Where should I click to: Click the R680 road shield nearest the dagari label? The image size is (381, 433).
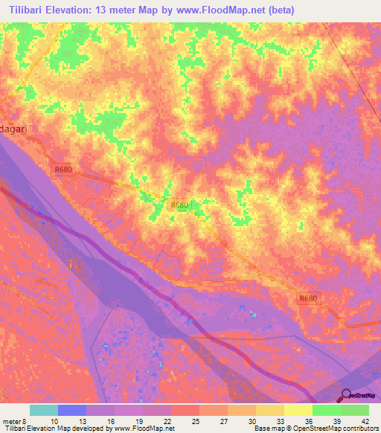coord(64,170)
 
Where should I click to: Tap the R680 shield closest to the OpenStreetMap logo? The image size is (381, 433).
coord(308,298)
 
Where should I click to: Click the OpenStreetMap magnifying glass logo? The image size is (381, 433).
coord(347,395)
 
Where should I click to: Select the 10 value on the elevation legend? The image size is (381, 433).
coord(54,421)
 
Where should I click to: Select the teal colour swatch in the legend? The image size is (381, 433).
coord(44,410)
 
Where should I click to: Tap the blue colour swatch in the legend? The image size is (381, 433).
coord(72,410)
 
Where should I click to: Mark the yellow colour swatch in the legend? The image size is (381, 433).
coord(298,410)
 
